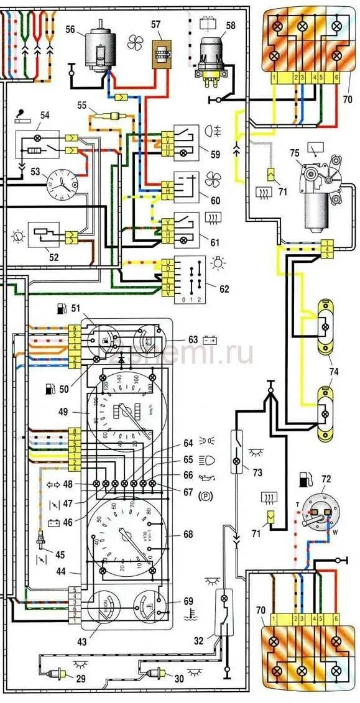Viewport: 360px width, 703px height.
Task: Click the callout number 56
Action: click(70, 29)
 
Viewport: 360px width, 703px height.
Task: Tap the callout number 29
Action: click(80, 679)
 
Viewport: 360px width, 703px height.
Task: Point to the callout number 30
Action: click(179, 679)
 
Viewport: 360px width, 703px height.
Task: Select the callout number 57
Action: click(155, 24)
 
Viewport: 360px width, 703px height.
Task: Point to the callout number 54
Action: click(44, 116)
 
